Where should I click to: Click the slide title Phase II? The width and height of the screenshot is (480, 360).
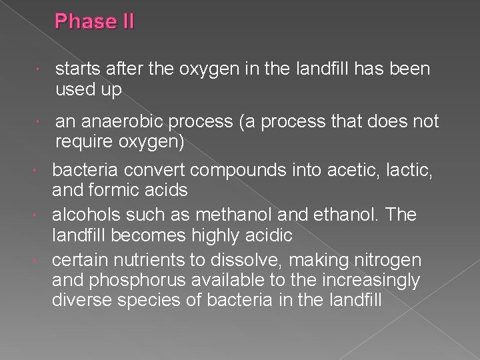(95, 22)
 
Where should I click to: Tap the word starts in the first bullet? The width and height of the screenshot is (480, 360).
(76, 69)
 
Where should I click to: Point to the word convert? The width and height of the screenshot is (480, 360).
(148, 171)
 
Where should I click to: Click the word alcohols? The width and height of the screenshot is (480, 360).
(83, 215)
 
